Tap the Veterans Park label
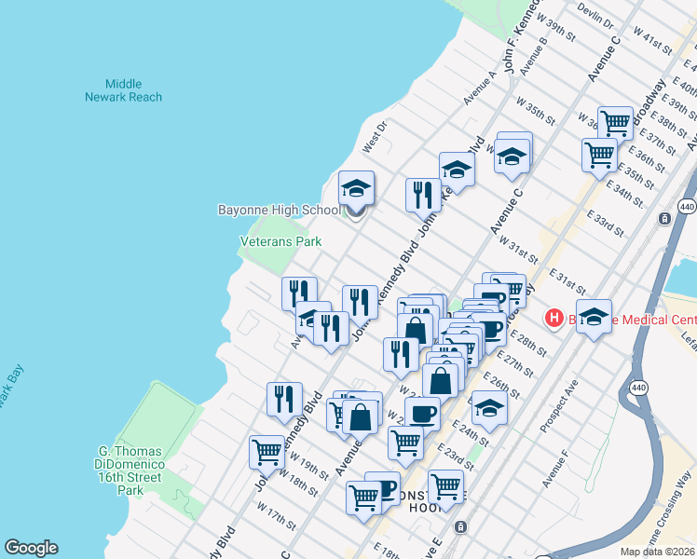pyautogui.click(x=280, y=241)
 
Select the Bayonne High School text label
pyautogui.click(x=280, y=210)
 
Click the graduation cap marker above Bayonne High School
pyautogui.click(x=356, y=189)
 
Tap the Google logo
pyautogui.click(x=31, y=548)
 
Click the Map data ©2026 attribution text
pyautogui.click(x=658, y=552)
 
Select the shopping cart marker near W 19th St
pyautogui.click(x=266, y=453)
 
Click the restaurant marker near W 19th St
pyautogui.click(x=284, y=399)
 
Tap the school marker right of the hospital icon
pyautogui.click(x=594, y=317)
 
